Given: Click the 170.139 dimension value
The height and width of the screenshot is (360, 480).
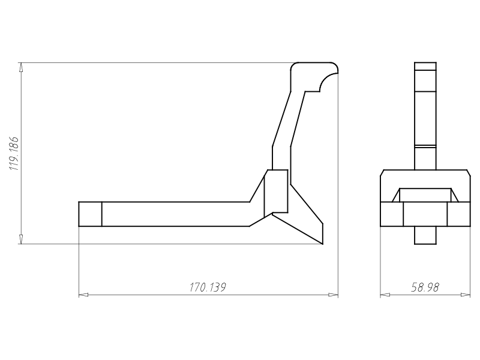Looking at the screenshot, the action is click(x=208, y=287).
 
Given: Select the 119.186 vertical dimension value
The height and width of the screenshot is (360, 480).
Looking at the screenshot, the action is click(x=14, y=154).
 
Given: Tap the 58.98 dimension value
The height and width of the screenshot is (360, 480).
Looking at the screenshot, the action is click(x=425, y=287).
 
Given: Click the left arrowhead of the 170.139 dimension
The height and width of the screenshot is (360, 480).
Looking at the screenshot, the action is click(x=83, y=295).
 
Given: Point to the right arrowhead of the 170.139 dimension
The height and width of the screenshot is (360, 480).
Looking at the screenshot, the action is click(x=334, y=295).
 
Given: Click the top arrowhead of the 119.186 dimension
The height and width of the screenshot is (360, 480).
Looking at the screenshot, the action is click(x=21, y=67).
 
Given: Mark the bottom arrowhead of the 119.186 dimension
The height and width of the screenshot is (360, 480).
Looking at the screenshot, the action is click(x=21, y=239).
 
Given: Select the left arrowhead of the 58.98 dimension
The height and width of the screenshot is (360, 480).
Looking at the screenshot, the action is click(x=385, y=295).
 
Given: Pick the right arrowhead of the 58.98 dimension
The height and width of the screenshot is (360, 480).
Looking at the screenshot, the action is click(x=466, y=295).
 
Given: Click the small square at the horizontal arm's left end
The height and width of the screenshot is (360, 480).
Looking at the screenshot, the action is click(x=91, y=214).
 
